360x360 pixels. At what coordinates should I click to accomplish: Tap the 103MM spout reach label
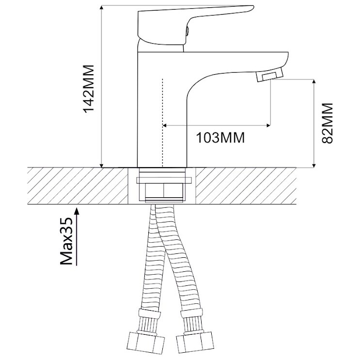[220, 138]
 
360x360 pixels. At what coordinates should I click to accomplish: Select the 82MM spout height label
[327, 123]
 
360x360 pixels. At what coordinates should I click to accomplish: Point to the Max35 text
[66, 241]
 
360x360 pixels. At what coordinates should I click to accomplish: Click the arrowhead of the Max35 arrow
[77, 211]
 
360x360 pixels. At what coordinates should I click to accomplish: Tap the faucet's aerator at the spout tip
[270, 75]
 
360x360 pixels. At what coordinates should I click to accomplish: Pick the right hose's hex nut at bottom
[196, 342]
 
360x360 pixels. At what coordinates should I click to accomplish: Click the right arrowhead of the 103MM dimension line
[268, 125]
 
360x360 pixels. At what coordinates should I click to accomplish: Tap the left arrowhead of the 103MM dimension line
[165, 125]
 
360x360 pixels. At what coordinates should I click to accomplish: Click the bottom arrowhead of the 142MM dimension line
[101, 165]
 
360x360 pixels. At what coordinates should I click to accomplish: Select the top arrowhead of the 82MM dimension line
[313, 82]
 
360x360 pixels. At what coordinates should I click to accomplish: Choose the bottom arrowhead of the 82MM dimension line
[313, 165]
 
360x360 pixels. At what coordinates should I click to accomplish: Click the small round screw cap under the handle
[188, 31]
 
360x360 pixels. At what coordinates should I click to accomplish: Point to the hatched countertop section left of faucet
[78, 186]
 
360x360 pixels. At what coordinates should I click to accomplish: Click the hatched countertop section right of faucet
[246, 186]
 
